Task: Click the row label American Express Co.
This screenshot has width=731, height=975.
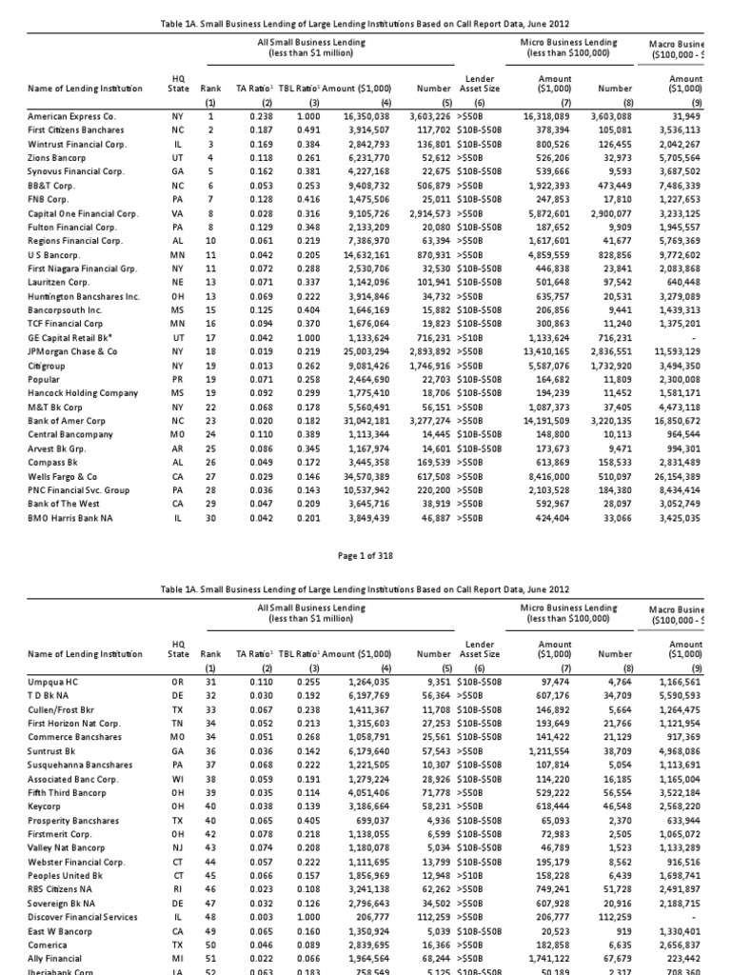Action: (71, 114)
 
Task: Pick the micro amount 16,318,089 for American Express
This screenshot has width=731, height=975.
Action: (546, 114)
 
